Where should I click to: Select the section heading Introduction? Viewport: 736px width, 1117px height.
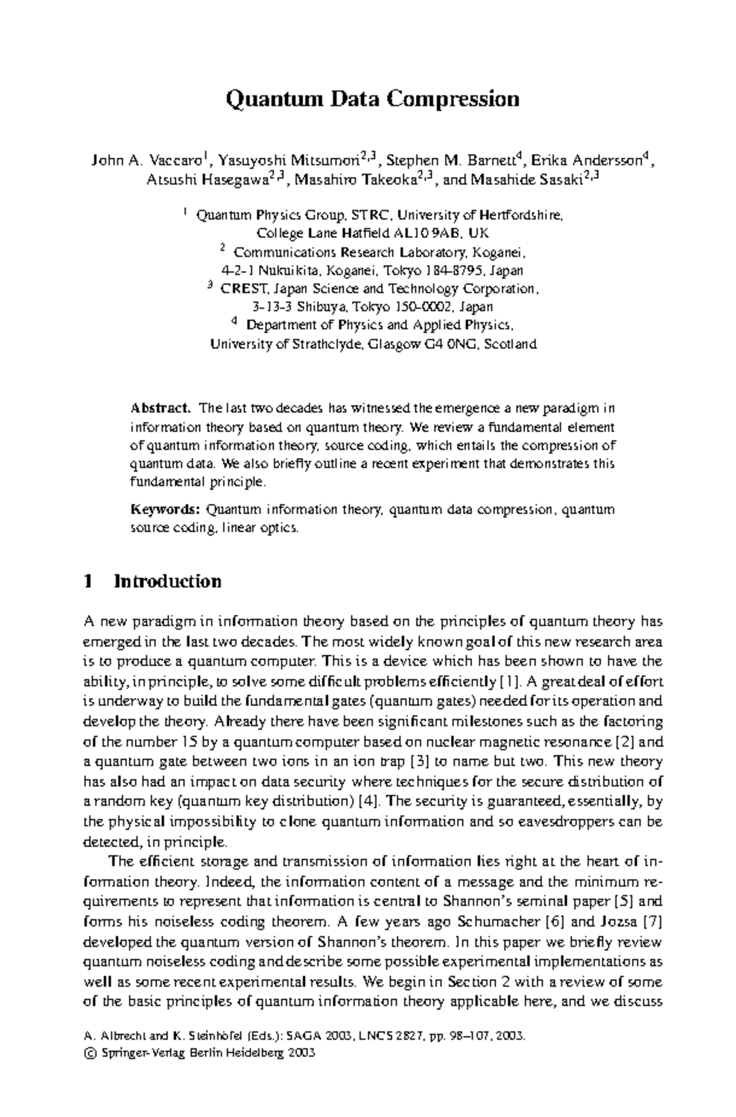pos(167,581)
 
